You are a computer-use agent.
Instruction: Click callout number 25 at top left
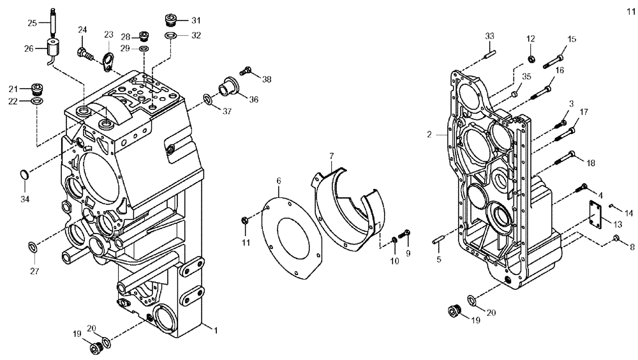tap(32, 23)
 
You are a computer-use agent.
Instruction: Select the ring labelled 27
tap(32, 246)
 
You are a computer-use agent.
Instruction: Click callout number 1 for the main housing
tap(216, 330)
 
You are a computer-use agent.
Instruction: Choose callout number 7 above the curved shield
tap(331, 156)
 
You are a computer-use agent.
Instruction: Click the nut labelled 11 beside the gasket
tap(245, 221)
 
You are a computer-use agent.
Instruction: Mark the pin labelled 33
tap(489, 54)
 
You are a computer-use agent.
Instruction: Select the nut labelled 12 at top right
tap(531, 59)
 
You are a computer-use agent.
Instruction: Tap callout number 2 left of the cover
tap(430, 135)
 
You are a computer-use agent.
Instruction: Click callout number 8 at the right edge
tap(632, 247)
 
